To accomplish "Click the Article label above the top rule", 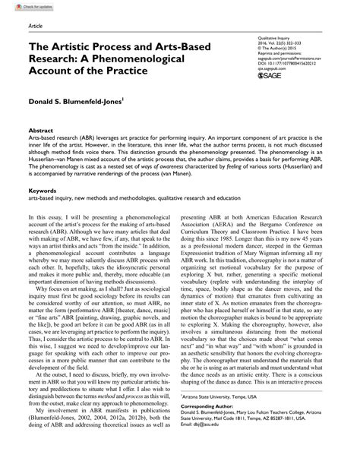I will pyautogui.click(x=34, y=25).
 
